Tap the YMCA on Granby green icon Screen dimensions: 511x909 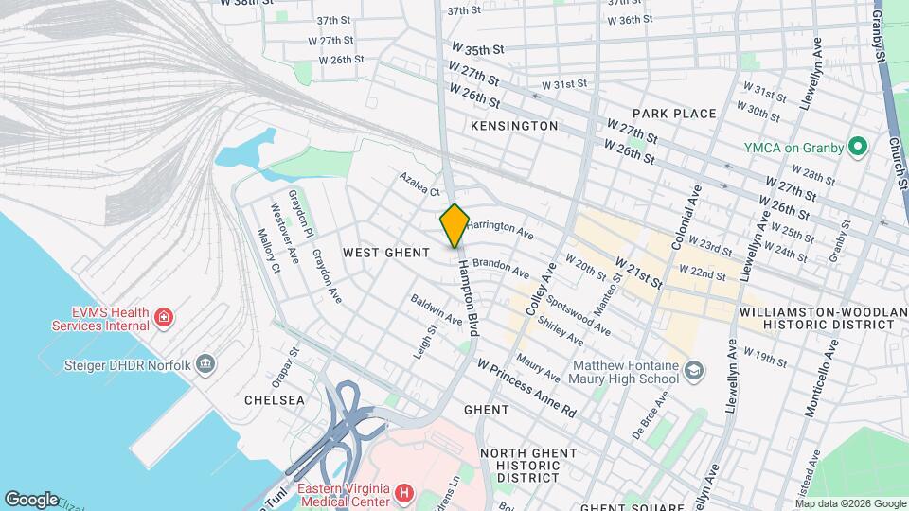pyautogui.click(x=858, y=147)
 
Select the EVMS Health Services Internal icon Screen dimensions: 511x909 pyautogui.click(x=164, y=316)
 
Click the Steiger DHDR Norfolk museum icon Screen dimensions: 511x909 pyautogui.click(x=206, y=365)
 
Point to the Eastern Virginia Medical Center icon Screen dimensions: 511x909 pyautogui.click(x=405, y=493)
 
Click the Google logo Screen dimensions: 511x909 pyautogui.click(x=31, y=499)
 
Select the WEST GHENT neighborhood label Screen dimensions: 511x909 pyautogui.click(x=386, y=253)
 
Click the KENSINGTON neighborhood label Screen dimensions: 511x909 pyautogui.click(x=514, y=126)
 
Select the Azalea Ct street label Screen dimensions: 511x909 pyautogui.click(x=419, y=184)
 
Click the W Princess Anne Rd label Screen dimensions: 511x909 pyautogui.click(x=527, y=376)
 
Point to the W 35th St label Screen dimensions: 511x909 pyautogui.click(x=478, y=48)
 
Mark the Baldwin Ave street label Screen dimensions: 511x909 pyautogui.click(x=437, y=310)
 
